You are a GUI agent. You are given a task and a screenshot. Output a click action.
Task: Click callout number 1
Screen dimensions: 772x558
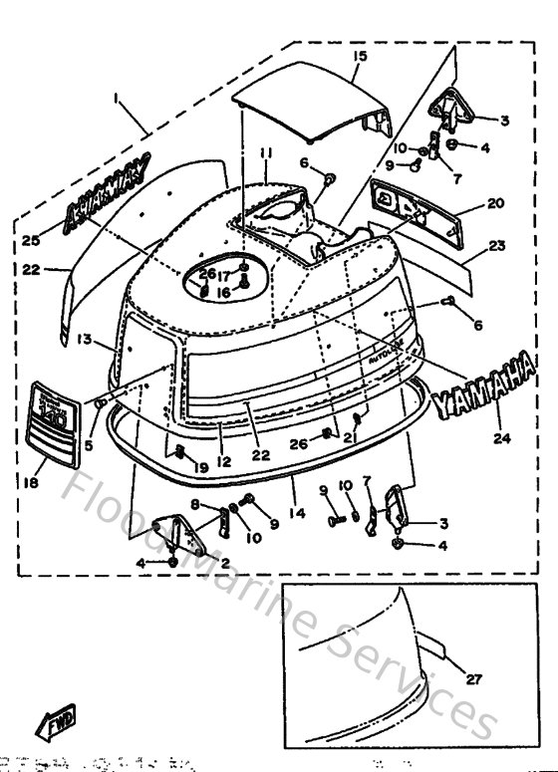click(x=119, y=100)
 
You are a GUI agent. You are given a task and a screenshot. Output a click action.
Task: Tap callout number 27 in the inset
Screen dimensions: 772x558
click(x=473, y=681)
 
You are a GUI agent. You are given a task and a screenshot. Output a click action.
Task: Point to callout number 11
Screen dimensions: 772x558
click(x=266, y=152)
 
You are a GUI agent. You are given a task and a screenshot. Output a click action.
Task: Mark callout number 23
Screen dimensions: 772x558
click(x=497, y=246)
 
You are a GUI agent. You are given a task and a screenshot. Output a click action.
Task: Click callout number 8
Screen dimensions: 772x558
click(x=196, y=503)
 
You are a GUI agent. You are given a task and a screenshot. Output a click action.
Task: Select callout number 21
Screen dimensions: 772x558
click(x=350, y=437)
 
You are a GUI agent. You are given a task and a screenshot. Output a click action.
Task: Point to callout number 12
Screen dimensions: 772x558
click(x=225, y=461)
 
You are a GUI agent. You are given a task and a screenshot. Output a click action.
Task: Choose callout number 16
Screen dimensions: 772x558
click(x=224, y=294)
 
